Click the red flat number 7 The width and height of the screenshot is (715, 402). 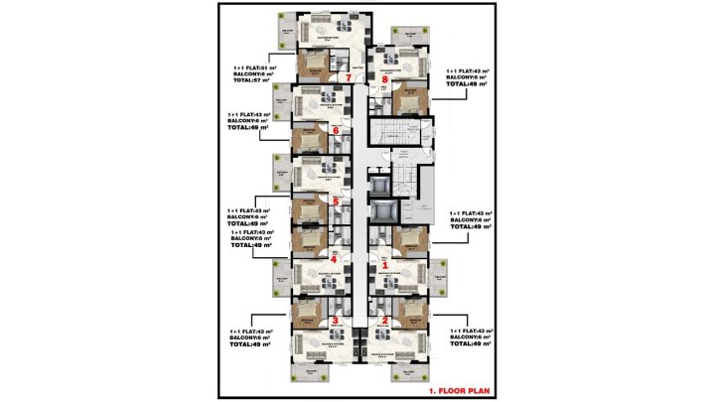[347, 76]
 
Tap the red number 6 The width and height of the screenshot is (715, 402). [337, 130]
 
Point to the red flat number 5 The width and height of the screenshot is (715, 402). [336, 201]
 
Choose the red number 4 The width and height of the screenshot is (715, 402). [334, 260]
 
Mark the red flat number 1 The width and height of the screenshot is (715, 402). [385, 265]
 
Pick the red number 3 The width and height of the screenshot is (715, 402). [334, 321]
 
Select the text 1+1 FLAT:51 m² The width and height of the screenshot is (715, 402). [253, 67]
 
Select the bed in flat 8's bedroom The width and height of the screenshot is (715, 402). [406, 100]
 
